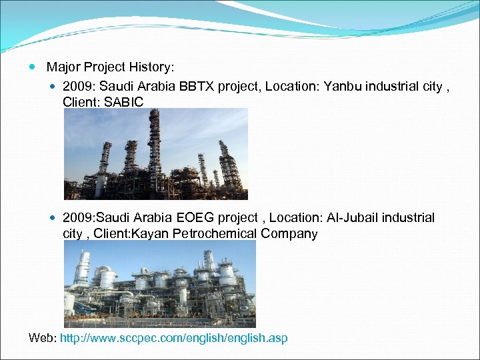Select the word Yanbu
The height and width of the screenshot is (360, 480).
344,86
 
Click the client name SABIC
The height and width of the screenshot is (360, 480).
124,101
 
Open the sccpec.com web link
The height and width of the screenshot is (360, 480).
173,338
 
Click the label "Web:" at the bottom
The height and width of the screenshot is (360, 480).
43,338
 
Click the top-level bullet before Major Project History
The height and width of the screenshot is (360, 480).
33,67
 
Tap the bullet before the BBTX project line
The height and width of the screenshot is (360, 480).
54,87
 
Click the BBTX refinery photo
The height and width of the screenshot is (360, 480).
155,154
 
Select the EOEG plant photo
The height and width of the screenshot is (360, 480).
159,283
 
